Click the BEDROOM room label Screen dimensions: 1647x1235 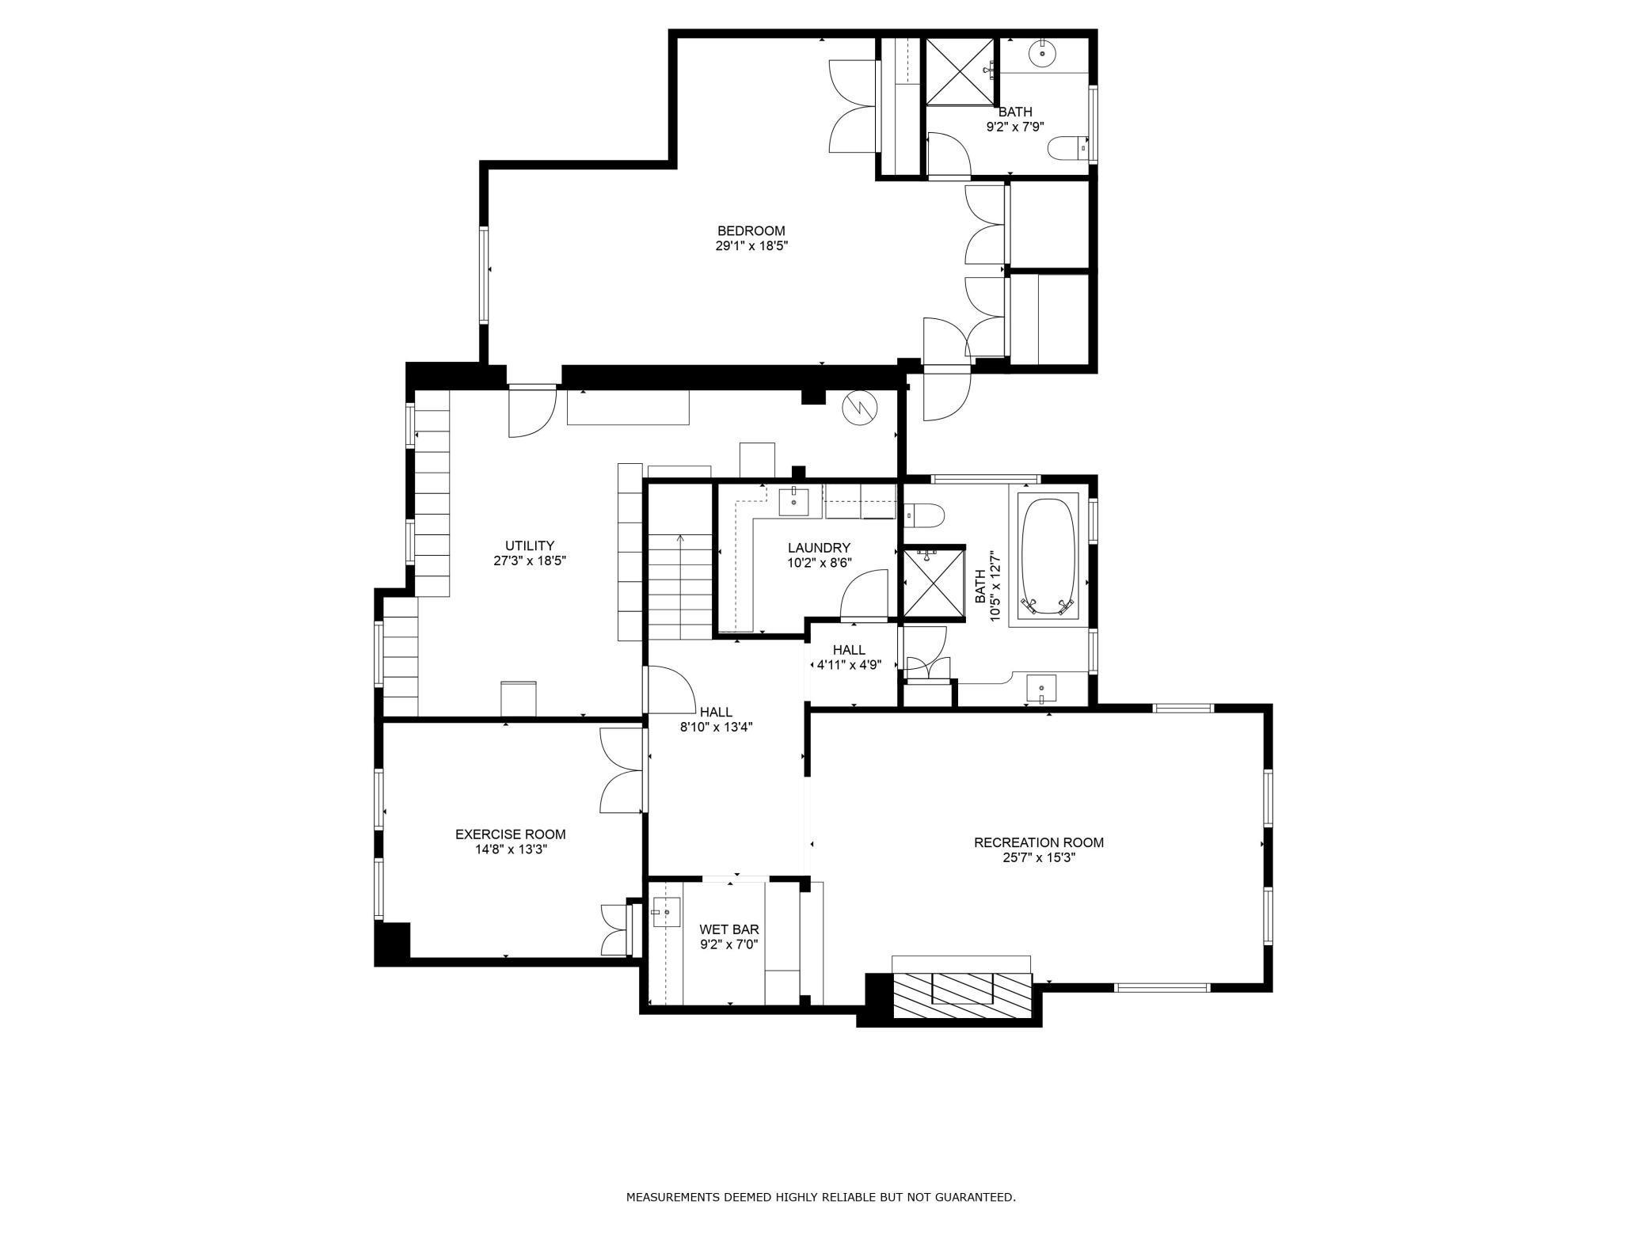[x=751, y=231]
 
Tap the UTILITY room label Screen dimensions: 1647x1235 [x=530, y=545]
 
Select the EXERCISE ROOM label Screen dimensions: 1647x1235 [x=511, y=834]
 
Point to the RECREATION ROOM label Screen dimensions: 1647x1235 [x=1039, y=842]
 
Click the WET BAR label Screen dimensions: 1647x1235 [x=729, y=929]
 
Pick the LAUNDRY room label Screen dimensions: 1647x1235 [x=819, y=548]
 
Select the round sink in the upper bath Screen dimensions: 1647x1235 [x=1042, y=54]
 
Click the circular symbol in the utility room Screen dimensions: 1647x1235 [x=861, y=407]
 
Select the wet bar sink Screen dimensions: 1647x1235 [x=666, y=912]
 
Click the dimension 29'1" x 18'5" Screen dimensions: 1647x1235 [x=751, y=246]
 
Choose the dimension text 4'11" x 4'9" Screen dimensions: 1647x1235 [x=849, y=665]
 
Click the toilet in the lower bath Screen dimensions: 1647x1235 [x=923, y=515]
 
